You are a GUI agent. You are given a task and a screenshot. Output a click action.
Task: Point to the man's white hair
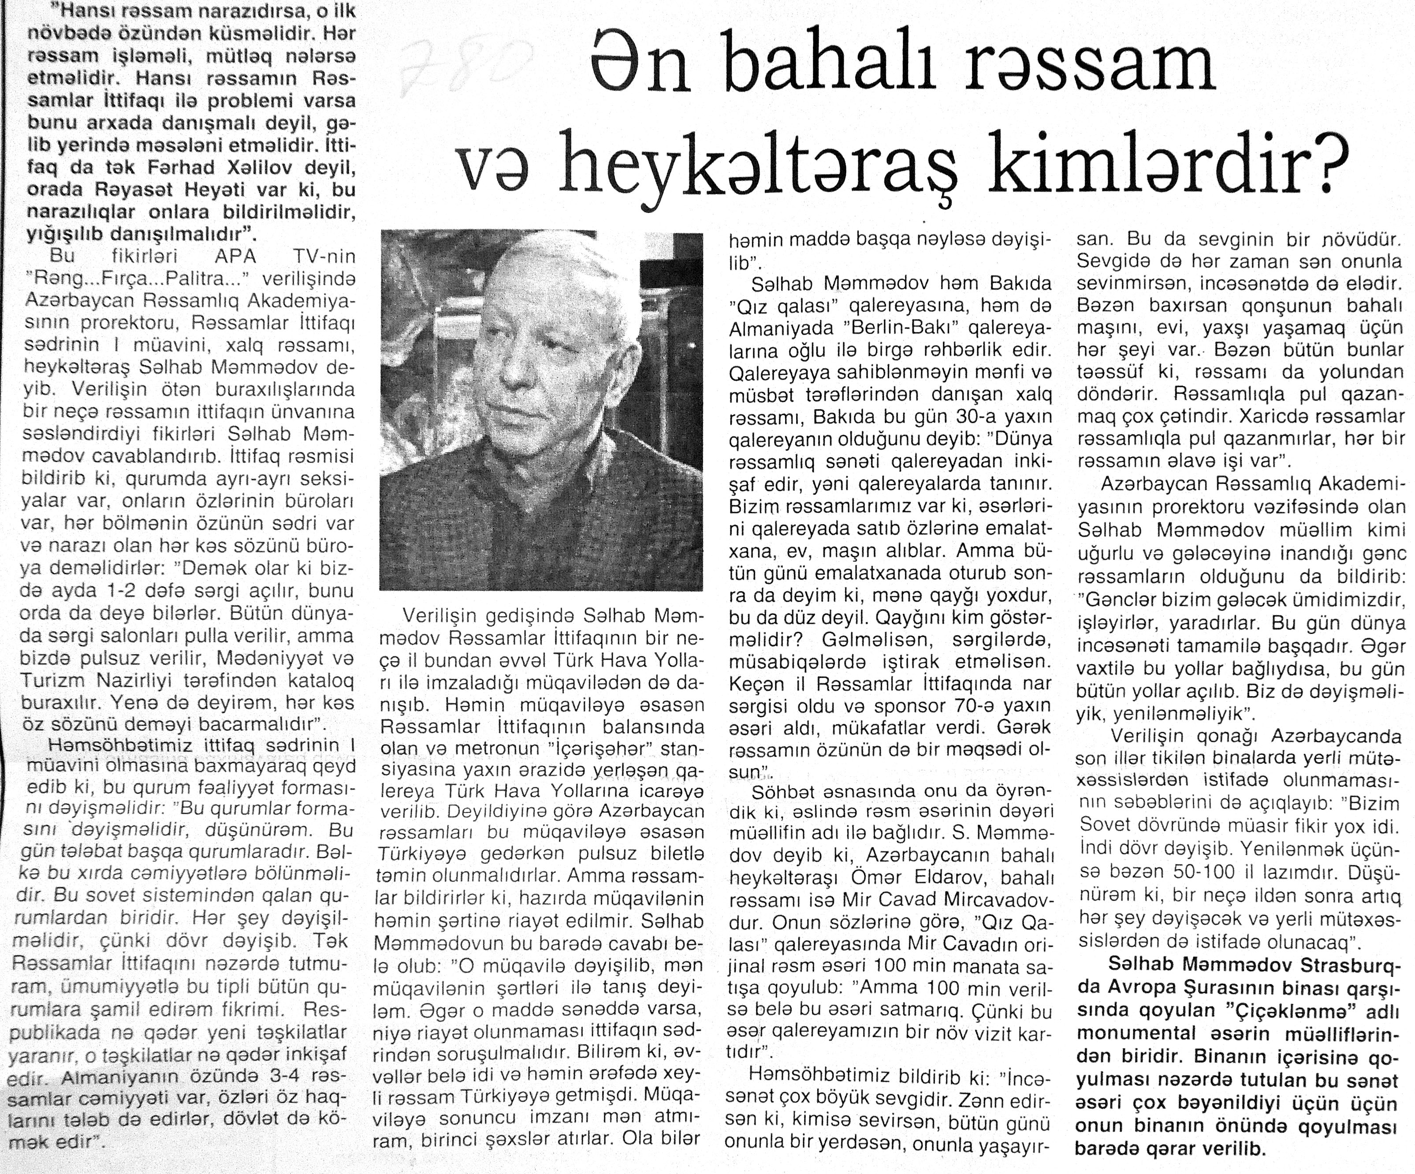(539, 269)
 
